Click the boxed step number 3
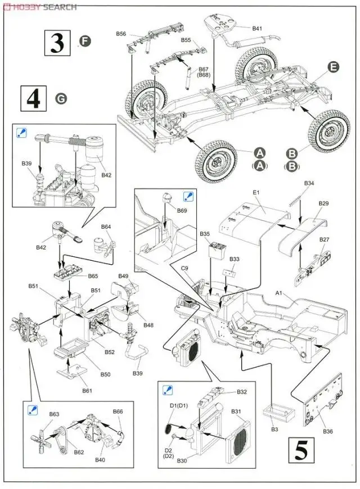(57, 43)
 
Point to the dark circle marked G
(61, 98)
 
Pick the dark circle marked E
(333, 67)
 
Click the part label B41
(256, 28)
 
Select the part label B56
(121, 34)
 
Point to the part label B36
(328, 431)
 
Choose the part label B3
(275, 429)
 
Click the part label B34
(309, 183)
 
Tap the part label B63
(54, 414)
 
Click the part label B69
(181, 210)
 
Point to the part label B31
(236, 411)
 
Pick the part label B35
(204, 233)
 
